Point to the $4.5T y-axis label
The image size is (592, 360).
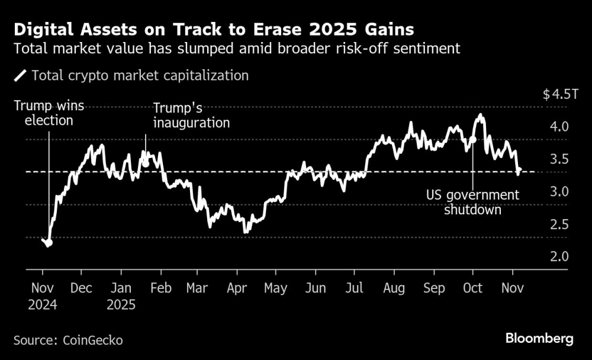559,95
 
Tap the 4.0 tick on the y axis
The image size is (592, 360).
559,127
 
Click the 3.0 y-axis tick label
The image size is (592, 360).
559,192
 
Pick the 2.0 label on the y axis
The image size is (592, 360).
559,257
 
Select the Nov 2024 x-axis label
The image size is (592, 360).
43,296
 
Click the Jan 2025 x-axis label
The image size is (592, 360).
121,296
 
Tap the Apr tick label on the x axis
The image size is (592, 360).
237,288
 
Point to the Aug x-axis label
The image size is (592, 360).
394,288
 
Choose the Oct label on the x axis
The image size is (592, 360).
472,288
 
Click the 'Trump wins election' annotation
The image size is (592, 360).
49,113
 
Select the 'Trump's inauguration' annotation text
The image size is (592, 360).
191,116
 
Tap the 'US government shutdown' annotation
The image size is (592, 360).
472,202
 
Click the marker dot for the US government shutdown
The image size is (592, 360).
472,140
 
